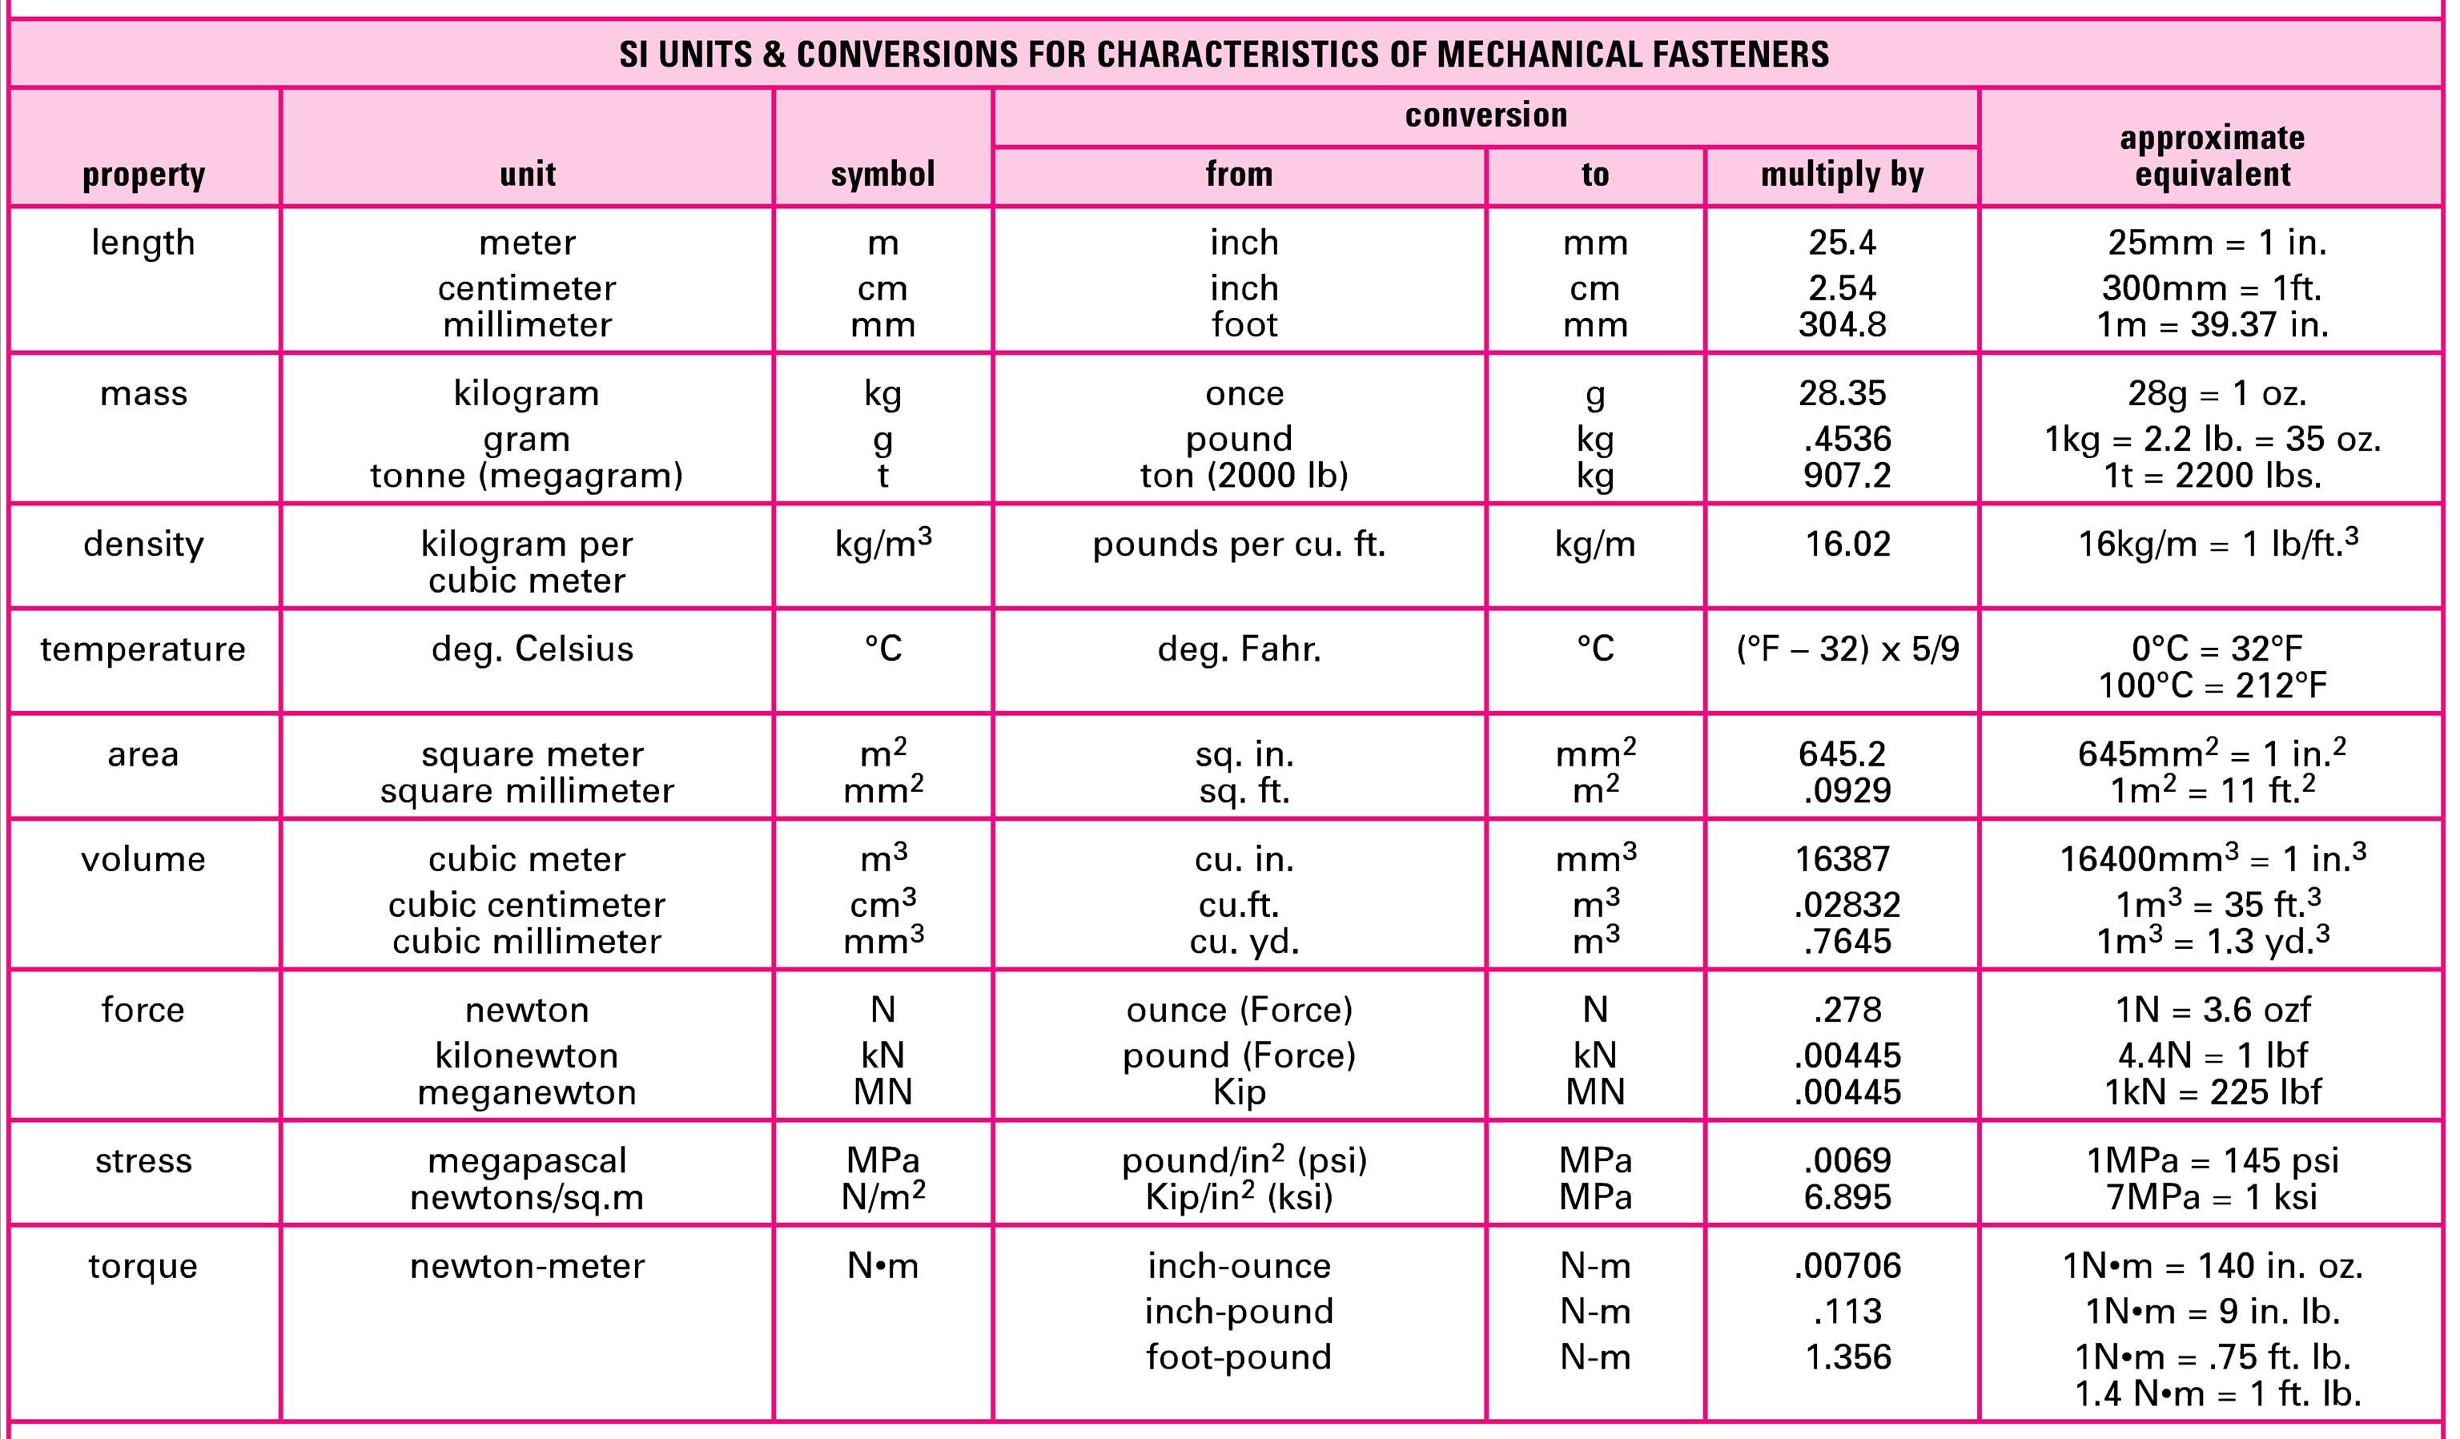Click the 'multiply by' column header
1842,175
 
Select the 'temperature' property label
143,649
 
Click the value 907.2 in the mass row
1846,476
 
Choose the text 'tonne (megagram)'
526,476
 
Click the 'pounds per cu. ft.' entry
1239,544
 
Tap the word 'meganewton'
526,1091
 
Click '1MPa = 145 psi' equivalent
2212,1161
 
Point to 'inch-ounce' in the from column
1239,1266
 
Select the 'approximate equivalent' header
2212,156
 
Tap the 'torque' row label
143,1266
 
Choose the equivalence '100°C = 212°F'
2212,685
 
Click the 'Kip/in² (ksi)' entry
1239,1197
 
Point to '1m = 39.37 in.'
2212,325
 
